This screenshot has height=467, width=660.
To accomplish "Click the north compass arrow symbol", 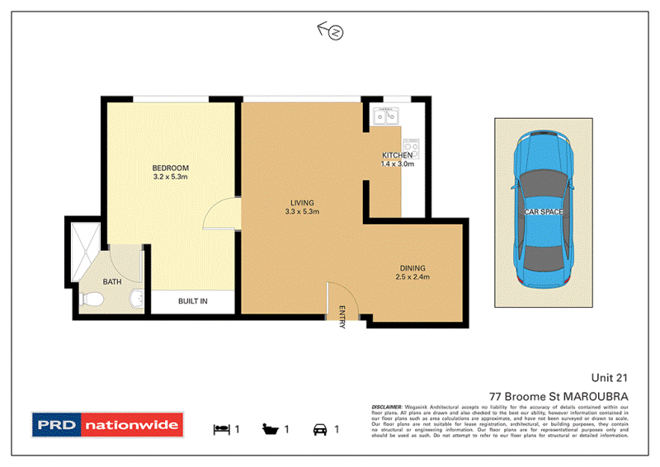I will click(x=331, y=31).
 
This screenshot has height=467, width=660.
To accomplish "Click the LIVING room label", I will click(x=302, y=202).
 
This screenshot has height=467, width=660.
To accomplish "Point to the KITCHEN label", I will click(x=397, y=155).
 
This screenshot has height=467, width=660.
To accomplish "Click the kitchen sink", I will click(x=385, y=116).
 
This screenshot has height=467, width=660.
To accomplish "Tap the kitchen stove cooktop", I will click(x=410, y=149).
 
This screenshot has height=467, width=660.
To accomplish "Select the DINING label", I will click(x=412, y=267).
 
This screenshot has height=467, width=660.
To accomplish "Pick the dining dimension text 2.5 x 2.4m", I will click(x=412, y=277).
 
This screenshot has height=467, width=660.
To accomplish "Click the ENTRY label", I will click(x=342, y=316).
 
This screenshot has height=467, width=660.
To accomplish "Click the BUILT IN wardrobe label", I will click(x=193, y=301).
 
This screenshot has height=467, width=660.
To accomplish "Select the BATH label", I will click(x=112, y=282).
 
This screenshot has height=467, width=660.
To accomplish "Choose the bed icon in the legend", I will click(x=221, y=429).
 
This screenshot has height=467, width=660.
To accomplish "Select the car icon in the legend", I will click(x=318, y=429).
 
